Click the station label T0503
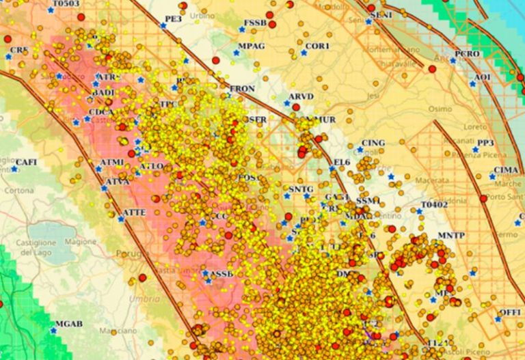(66, 4)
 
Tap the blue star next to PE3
(163, 26)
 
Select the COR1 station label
(318, 46)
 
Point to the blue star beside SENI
(368, 21)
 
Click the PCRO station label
(467, 54)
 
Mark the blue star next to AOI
(472, 83)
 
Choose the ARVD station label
(301, 96)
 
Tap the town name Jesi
(373, 96)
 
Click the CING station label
(373, 143)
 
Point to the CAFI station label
(26, 162)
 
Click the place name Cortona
(19, 191)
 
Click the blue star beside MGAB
(54, 330)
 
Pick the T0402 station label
(434, 204)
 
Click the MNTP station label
(451, 236)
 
